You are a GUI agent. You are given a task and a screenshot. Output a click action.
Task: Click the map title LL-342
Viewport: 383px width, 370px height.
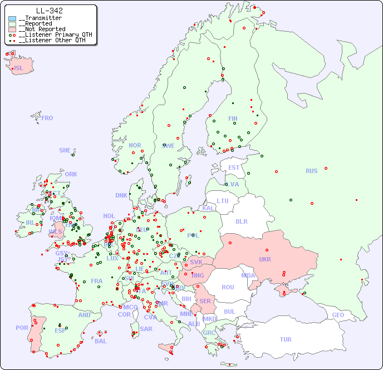49,11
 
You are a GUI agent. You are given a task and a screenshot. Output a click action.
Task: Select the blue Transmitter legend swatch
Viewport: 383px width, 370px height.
12,18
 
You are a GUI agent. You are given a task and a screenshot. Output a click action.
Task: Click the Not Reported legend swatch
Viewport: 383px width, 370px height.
12,29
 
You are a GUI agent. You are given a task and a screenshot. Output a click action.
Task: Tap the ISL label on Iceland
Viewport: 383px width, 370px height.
19,68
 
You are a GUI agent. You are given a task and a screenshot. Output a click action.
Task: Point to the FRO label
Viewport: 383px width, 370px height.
47,118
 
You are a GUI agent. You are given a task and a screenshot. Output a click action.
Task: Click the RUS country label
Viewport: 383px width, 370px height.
311,171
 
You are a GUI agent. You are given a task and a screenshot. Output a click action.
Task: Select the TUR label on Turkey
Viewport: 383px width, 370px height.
286,339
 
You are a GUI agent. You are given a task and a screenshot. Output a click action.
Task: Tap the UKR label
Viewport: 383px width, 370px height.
265,259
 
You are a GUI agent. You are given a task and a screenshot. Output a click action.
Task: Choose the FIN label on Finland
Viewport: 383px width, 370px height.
233,119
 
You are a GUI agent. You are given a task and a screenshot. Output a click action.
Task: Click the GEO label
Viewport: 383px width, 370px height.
338,315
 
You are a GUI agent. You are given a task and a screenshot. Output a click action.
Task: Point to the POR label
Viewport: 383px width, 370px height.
22,328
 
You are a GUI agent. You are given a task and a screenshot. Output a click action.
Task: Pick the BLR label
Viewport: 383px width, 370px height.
241,221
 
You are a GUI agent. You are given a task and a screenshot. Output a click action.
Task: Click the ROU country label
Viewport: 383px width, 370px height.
228,287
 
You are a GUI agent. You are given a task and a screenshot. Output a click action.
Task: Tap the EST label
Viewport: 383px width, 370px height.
234,167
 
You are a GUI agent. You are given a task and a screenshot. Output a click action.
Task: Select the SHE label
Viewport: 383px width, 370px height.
65,150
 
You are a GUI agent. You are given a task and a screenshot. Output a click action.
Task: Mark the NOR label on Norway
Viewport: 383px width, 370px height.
135,145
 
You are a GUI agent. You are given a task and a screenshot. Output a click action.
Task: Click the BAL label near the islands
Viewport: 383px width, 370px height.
101,341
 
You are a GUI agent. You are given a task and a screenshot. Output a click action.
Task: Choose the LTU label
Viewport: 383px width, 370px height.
223,201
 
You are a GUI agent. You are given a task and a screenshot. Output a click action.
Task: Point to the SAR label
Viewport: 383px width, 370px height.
146,329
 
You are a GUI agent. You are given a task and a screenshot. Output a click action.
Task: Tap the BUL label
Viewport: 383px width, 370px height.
229,312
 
